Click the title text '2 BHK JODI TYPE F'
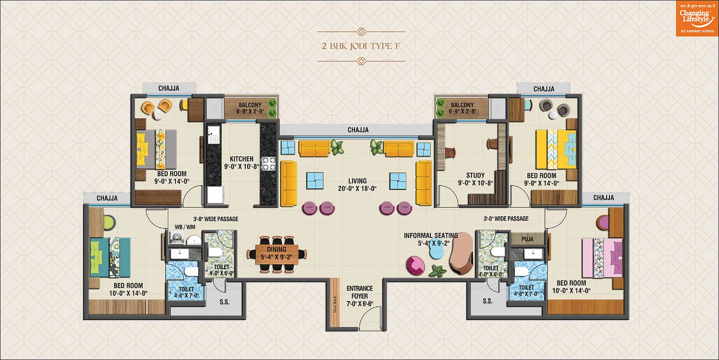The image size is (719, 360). tap(361, 46)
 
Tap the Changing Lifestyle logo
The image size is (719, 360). tap(697, 18)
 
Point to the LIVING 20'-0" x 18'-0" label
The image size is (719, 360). tap(357, 185)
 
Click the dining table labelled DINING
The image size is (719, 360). tap(277, 253)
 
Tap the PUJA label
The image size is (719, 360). tap(527, 239)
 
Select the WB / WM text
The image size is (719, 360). tap(185, 227)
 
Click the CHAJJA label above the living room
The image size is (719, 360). tap(358, 130)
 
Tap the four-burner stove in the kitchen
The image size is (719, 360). tap(268, 164)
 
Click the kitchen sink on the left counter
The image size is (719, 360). tap(213, 134)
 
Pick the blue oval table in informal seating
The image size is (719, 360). tap(436, 249)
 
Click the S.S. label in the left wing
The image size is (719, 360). tap(225, 302)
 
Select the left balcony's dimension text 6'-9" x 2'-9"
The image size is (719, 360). tap(250, 112)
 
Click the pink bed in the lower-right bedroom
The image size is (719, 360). tap(602, 258)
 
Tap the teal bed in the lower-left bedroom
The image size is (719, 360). tap(110, 257)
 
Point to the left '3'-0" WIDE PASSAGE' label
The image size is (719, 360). tap(216, 219)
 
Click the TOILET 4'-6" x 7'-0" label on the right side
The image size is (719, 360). tap(526, 290)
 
